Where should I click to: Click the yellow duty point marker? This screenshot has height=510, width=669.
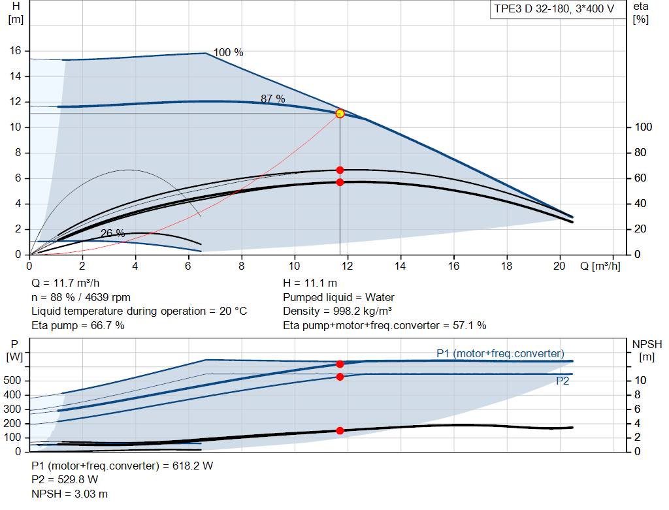340,114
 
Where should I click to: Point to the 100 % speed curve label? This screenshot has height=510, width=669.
228,52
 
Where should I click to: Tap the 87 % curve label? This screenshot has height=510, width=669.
273,99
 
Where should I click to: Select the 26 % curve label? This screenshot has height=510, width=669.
112,233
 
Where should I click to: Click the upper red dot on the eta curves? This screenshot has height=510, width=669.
340,170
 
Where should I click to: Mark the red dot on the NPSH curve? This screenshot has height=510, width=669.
340,431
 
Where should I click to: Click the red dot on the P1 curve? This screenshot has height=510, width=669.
340,364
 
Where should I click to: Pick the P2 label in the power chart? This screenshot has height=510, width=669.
563,381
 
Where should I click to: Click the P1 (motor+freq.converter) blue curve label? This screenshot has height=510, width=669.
500,353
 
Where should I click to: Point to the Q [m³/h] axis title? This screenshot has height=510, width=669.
600,266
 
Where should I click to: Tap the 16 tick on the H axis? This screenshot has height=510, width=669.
16,51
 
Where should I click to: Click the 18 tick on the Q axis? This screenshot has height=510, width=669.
506,266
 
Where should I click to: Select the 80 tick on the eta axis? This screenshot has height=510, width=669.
640,152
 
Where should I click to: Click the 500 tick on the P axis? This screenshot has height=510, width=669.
12,380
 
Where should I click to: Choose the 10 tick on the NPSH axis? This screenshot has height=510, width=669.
640,380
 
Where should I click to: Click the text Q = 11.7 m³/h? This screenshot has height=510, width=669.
65,283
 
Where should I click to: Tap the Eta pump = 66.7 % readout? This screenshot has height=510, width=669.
78,326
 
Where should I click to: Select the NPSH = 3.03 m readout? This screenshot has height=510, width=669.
69,494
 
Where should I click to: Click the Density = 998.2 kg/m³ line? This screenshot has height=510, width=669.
338,311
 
